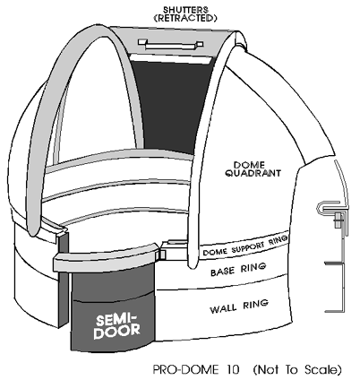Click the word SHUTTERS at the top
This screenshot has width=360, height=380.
(185, 9)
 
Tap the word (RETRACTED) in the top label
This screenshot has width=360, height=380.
(185, 18)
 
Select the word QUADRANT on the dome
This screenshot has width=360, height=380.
(253, 173)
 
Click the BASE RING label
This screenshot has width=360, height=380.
(238, 269)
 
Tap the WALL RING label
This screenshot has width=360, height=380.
(239, 307)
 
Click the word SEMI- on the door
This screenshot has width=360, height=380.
(116, 320)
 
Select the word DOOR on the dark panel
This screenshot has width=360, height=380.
(116, 332)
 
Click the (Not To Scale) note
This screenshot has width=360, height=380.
(297, 370)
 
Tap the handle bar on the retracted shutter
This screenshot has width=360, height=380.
(170, 44)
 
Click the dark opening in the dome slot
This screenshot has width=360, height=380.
(170, 105)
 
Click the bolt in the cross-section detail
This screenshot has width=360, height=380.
(339, 220)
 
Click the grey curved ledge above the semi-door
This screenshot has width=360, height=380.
(106, 256)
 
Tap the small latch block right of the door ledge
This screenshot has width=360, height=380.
(163, 254)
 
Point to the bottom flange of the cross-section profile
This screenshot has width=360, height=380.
(335, 311)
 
